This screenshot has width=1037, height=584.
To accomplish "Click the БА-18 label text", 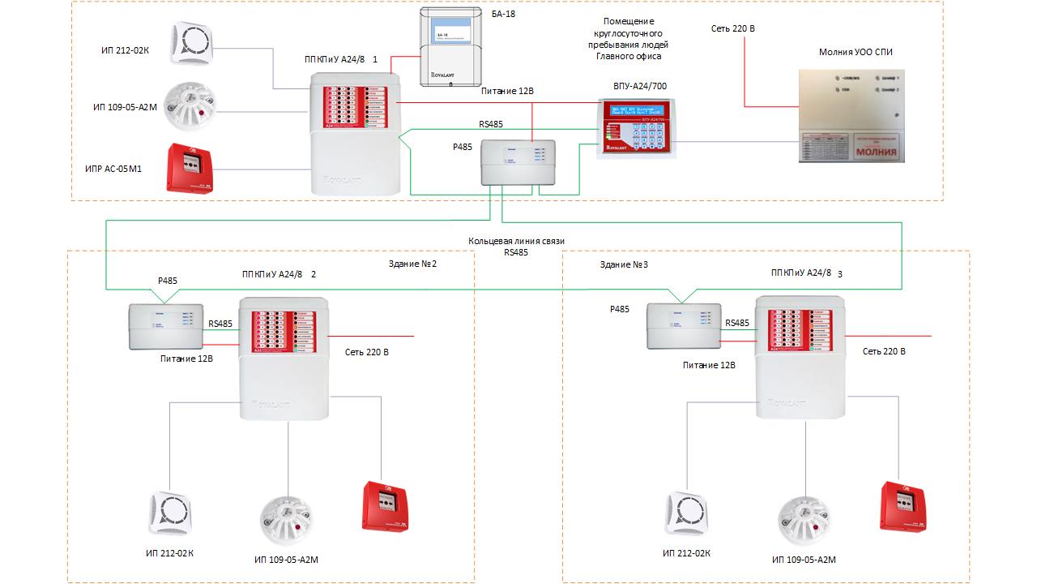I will (x=503, y=15).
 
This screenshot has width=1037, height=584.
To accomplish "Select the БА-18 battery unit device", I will (x=450, y=45).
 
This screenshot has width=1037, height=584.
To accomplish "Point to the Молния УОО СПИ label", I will (x=856, y=53).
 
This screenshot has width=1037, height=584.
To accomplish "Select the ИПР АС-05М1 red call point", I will (x=191, y=168).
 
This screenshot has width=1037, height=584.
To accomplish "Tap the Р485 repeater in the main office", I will (x=518, y=162).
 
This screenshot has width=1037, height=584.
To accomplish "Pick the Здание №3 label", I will (x=623, y=264).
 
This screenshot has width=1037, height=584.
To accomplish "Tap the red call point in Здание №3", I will (x=903, y=508).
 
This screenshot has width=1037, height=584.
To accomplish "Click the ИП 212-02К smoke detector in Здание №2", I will (x=170, y=513).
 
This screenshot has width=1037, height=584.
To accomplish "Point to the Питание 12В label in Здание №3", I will (x=709, y=366).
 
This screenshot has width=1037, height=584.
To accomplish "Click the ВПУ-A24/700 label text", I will (x=641, y=86).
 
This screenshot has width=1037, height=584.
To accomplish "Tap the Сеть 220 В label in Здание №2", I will (x=367, y=352).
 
